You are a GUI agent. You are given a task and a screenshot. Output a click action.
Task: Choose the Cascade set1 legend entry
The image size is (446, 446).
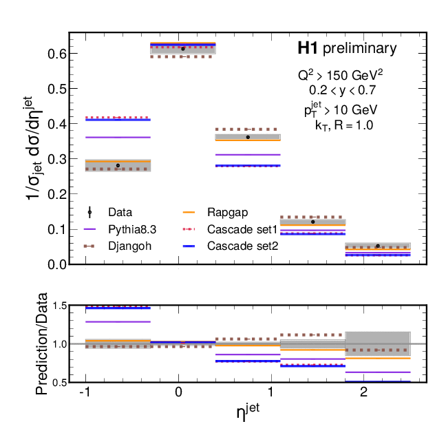click(234, 229)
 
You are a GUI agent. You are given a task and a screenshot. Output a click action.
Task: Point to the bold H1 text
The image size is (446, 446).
click(307, 49)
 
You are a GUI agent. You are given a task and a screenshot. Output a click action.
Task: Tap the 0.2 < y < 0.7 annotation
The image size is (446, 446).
click(342, 89)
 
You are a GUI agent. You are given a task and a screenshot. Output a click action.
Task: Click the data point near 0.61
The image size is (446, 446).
click(183, 48)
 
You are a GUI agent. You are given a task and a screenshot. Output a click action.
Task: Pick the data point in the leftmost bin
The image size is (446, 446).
click(118, 165)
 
